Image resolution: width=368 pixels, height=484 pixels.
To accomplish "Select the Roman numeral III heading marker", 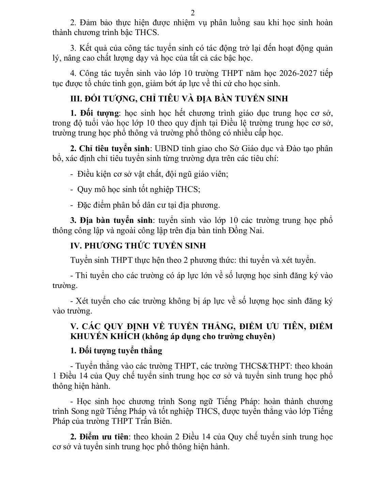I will pyautogui.click(x=75, y=99).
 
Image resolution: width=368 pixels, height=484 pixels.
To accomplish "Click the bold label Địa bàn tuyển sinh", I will pyautogui.click(x=116, y=220).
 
